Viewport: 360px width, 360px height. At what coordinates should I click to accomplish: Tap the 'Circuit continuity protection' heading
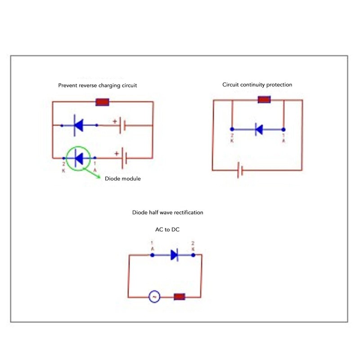coord(257,85)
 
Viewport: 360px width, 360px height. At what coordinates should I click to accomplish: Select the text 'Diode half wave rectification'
coord(167,212)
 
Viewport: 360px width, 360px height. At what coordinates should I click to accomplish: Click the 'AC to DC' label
coord(167,230)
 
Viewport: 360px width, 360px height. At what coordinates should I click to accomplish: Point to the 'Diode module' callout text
coord(122,179)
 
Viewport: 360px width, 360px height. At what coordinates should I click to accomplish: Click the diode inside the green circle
coord(79,158)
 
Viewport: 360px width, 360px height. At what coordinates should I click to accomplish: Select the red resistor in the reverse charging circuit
coord(103,102)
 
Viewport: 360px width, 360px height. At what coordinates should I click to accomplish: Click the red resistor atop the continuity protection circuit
coord(264,99)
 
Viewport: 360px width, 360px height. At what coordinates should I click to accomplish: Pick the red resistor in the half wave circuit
coord(180,297)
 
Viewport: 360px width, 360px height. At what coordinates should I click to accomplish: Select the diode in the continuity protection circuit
coord(259,130)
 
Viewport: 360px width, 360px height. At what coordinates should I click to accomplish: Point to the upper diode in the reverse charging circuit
coord(79,125)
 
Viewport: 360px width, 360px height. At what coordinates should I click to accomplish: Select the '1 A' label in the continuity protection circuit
coord(283,138)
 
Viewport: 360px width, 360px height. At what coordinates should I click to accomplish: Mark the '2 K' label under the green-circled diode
coord(63,167)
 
